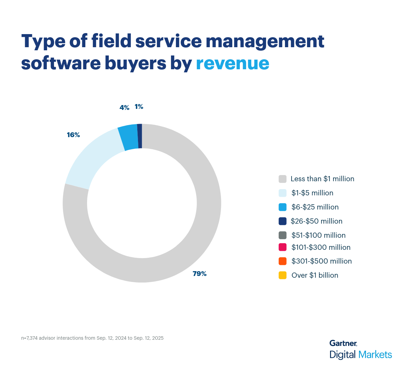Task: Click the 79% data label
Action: (x=200, y=274)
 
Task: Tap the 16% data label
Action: (x=73, y=135)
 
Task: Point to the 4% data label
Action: (x=124, y=108)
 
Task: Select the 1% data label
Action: (x=139, y=107)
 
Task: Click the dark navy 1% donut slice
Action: (x=140, y=136)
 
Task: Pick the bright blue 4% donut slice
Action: (x=128, y=138)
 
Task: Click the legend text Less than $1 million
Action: (x=322, y=179)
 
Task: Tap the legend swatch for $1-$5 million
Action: (x=283, y=193)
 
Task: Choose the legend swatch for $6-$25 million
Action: (x=283, y=207)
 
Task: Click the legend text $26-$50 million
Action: (x=316, y=221)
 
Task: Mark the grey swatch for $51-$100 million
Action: (x=283, y=235)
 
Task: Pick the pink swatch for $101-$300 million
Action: (x=283, y=247)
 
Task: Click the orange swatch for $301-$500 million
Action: (x=283, y=261)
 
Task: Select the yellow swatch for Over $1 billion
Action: (x=283, y=275)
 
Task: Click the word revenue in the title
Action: (x=232, y=63)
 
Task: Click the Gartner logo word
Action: (x=343, y=343)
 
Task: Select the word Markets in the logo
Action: (x=375, y=355)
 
